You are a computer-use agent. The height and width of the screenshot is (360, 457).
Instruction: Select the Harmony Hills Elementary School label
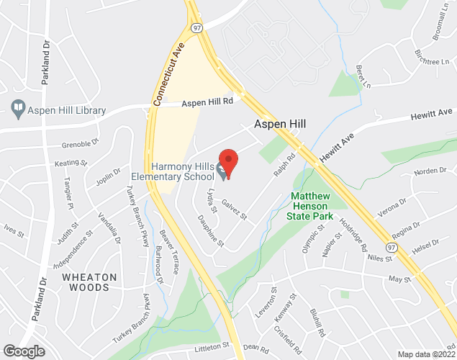pos(173,171)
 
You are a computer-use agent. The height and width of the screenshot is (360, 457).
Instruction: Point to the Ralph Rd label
pos(284,166)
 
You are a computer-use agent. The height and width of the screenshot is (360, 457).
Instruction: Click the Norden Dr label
pos(430,171)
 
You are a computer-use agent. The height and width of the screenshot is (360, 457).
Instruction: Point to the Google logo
pos(23,351)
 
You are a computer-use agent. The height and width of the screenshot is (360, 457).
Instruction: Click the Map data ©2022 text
pos(426,354)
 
